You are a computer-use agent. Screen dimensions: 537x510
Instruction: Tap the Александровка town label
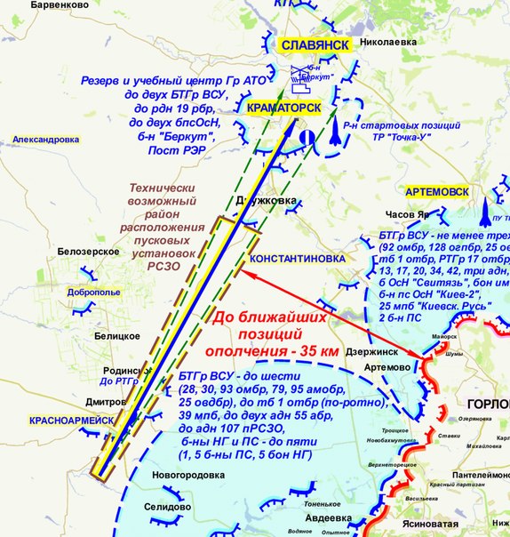click(x=46, y=140)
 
